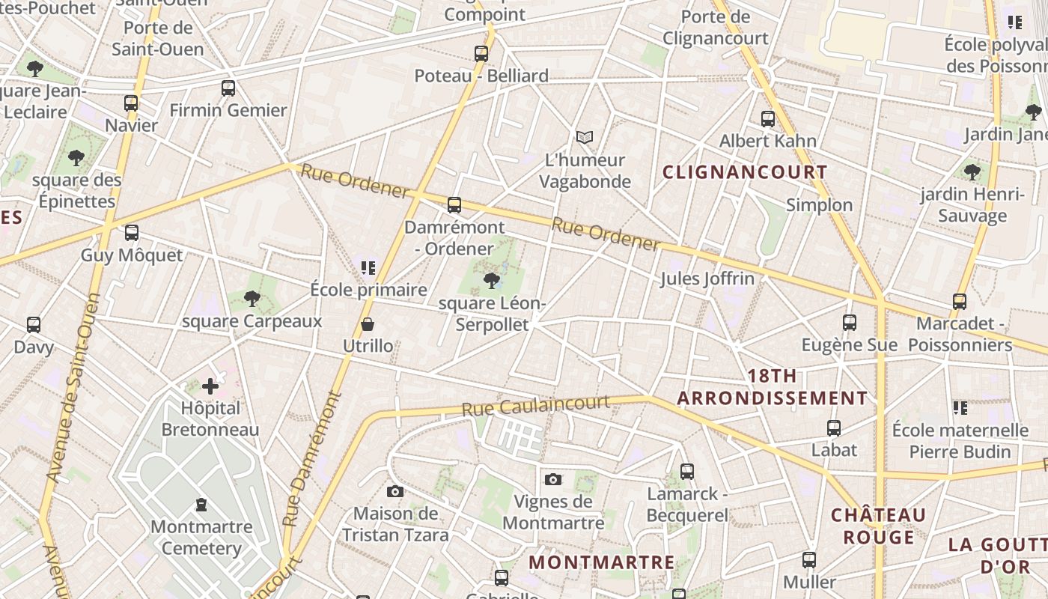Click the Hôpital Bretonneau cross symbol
point(210,386)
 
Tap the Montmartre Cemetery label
point(201,538)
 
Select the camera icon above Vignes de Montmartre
point(553,479)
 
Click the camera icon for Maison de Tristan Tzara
point(395,491)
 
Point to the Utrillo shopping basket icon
point(368,324)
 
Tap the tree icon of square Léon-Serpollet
point(492,281)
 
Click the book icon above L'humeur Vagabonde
point(585,138)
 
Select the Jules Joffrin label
point(707,279)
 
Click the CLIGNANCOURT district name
point(745,172)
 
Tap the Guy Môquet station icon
point(132,233)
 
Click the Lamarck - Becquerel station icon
point(687,472)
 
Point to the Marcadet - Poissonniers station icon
point(960,302)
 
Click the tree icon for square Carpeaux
point(252,299)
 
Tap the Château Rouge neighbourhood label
point(879,526)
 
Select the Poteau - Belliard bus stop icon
point(481,54)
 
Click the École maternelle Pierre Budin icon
point(960,408)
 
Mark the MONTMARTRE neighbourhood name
point(602,562)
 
